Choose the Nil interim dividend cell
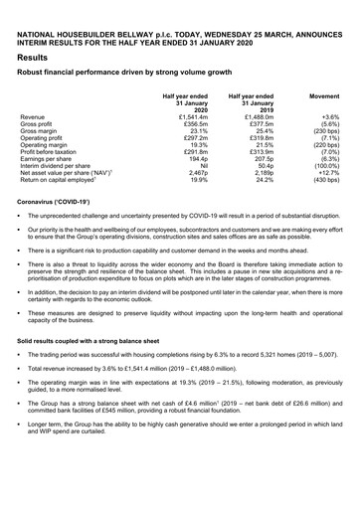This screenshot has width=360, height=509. click(x=203, y=165)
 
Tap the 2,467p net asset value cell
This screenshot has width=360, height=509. click(x=196, y=172)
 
